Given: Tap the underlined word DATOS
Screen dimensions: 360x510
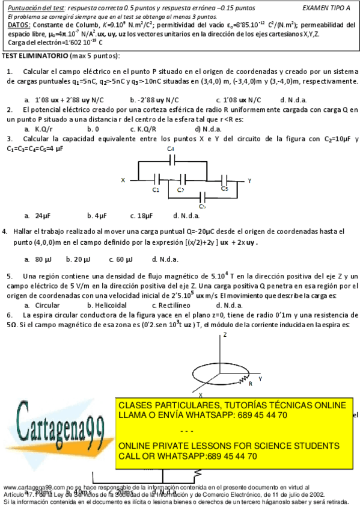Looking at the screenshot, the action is tap(18, 26).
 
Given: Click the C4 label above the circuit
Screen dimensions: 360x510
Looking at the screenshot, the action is tap(171, 149).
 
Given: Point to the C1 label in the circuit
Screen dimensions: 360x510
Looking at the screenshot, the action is tap(156, 189).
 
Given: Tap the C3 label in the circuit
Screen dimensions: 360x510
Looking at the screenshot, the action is tap(224, 189).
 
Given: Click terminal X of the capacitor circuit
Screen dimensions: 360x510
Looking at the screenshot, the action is tap(123, 180).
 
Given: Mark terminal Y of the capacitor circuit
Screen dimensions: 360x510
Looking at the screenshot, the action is tap(249, 180).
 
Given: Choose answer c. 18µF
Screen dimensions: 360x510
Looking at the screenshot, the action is tap(141, 215).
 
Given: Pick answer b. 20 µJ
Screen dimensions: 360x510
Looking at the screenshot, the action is tap(78, 259).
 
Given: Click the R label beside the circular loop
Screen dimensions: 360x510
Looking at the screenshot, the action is tap(250, 382).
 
